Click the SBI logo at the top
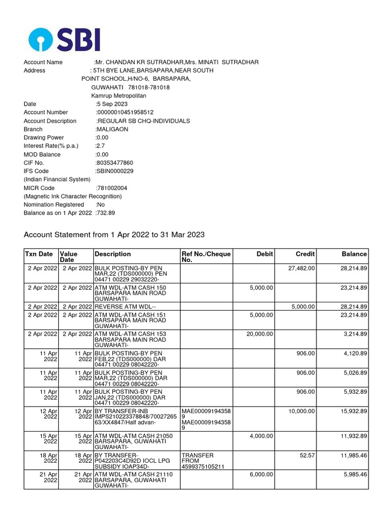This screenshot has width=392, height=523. point(64,39)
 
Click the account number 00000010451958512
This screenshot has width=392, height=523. point(125,112)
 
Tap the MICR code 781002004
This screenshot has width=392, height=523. point(112,188)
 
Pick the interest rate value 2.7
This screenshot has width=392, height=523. point(100,146)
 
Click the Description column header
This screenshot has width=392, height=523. point(113,254)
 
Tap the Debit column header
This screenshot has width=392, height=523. point(265,254)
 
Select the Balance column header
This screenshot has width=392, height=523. point(354,254)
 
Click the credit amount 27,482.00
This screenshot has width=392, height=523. point(302,268)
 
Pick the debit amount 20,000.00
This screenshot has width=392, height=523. point(260,334)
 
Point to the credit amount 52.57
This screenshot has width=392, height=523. point(306,455)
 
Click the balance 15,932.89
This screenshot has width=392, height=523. point(354,411)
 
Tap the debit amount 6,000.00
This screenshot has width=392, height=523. point(261,474)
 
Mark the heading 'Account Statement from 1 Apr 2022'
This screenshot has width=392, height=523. point(114,235)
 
